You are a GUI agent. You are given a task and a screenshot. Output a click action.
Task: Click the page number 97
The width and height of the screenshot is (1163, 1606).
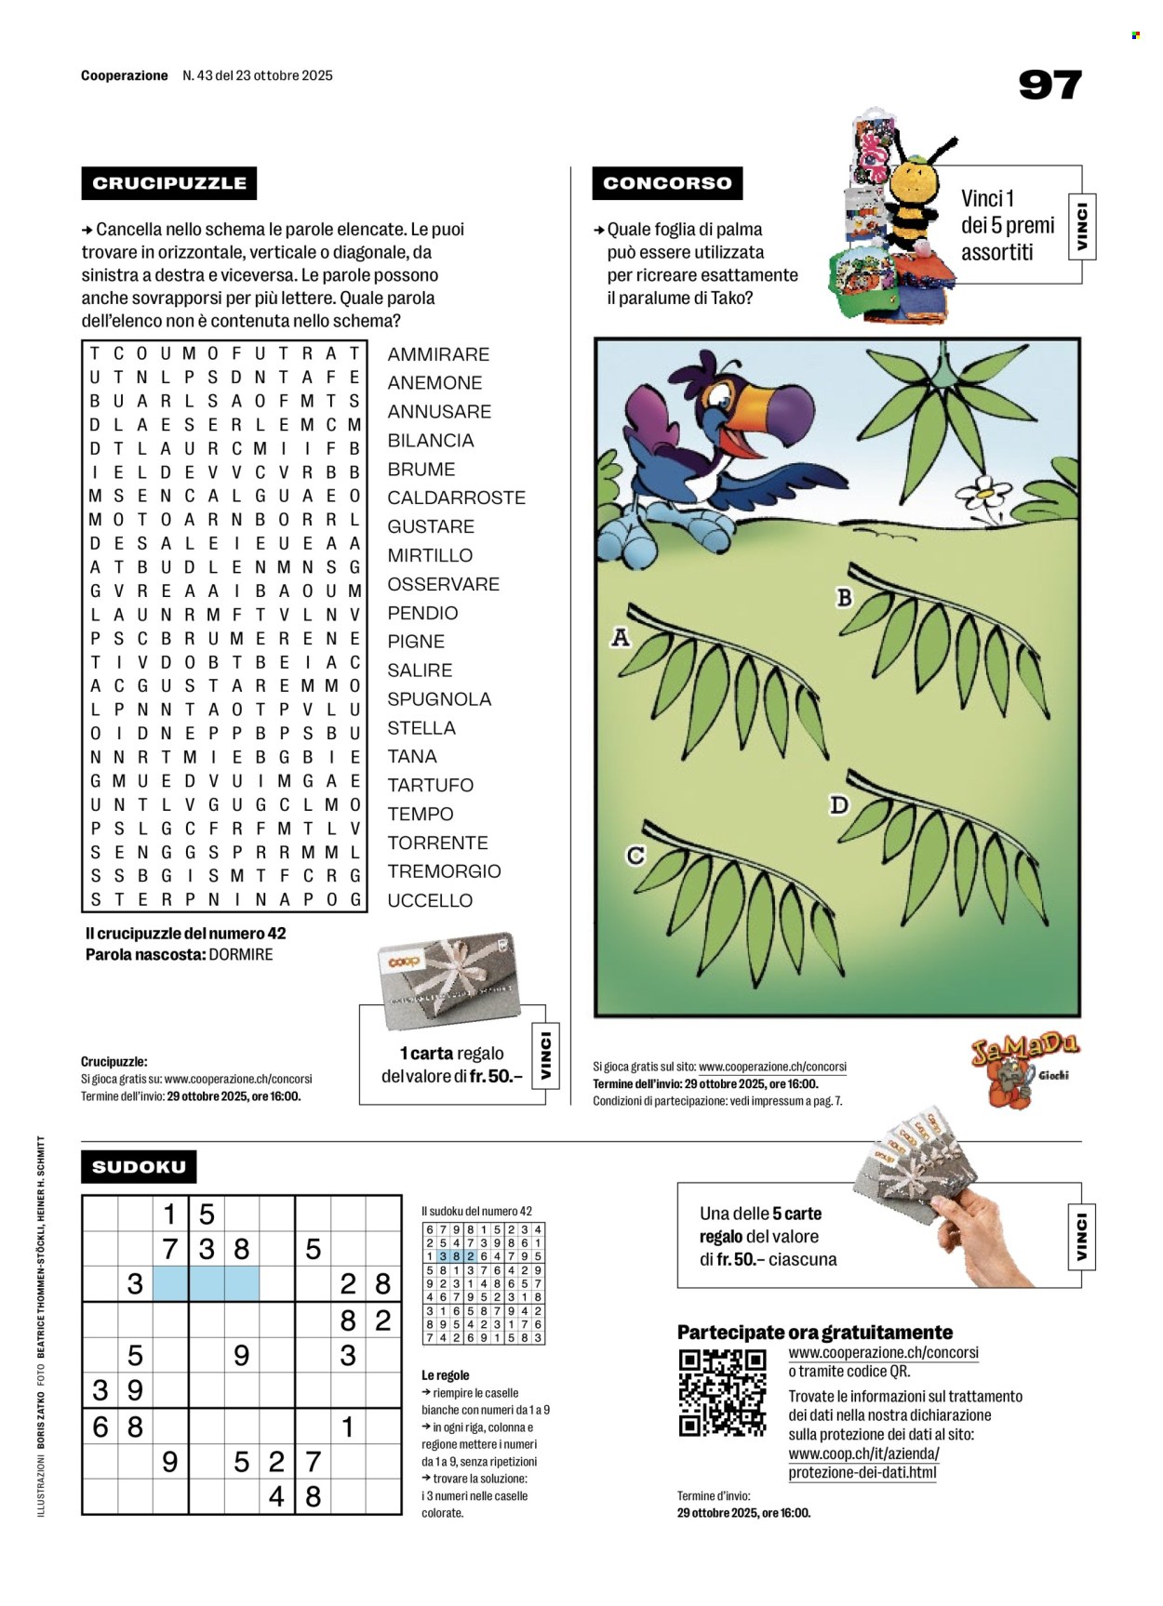pos(1049,85)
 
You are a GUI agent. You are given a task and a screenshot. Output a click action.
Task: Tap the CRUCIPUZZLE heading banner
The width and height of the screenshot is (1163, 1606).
pos(169,183)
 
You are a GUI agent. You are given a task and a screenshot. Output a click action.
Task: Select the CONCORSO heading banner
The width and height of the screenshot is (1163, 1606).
pos(667,183)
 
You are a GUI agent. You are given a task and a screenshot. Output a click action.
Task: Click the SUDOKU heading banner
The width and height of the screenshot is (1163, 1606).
pos(139,1166)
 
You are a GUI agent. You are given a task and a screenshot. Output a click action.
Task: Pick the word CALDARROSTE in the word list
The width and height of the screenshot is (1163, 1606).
pos(456,498)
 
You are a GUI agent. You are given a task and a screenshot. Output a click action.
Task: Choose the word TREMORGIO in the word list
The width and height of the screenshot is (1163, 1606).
pos(444,871)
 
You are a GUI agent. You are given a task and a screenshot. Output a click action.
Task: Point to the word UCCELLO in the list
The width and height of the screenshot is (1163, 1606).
pos(430,900)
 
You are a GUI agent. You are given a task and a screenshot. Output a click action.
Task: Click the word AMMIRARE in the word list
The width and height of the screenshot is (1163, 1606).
pos(438,354)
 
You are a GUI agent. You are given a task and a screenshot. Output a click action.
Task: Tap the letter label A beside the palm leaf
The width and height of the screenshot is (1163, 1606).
pos(621,637)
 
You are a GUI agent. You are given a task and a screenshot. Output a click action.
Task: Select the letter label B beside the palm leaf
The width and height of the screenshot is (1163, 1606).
pos(844,597)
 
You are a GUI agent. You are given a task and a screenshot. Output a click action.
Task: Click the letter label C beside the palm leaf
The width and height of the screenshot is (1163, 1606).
pos(635,855)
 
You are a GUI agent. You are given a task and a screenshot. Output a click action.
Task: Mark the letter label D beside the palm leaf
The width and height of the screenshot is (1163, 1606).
pos(839,804)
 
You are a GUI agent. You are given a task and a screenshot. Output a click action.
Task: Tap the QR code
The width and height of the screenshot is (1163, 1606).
pos(723,1392)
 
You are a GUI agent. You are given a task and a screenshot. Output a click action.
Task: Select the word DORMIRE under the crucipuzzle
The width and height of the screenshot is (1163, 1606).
pos(241,955)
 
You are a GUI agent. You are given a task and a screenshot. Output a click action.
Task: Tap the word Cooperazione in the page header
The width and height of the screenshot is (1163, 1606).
pos(125,75)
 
